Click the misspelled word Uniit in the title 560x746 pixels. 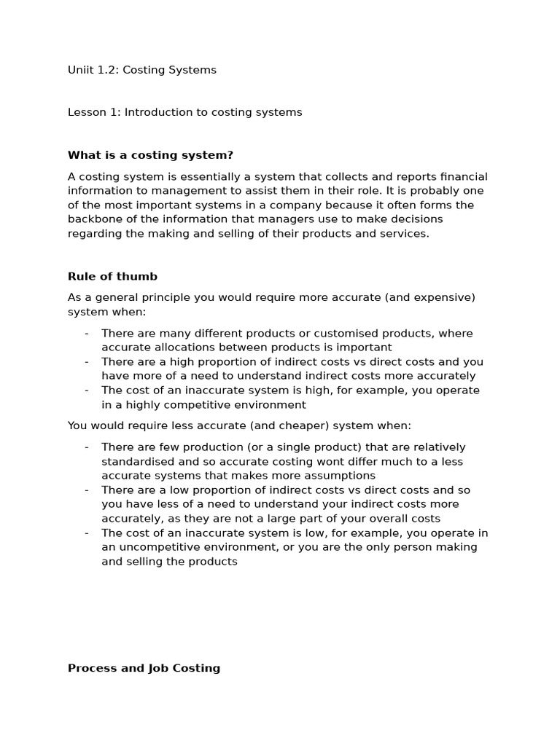81,70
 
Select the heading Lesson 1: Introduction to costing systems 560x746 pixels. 184,112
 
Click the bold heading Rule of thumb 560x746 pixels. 112,276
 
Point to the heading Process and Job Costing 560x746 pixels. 144,667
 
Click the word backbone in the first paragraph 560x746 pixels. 93,219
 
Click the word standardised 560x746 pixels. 136,461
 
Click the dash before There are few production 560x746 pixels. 87,447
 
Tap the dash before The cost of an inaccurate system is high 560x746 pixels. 87,390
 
